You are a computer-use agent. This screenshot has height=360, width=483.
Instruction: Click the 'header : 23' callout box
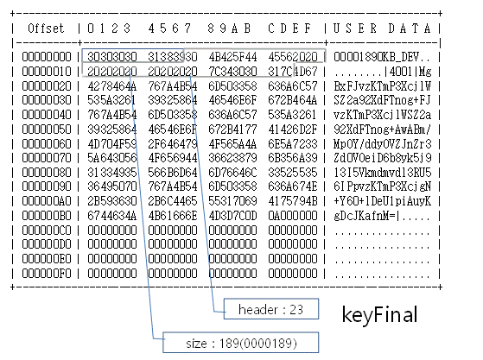click(271, 308)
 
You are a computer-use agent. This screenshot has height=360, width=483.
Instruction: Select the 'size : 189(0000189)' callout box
click(240, 343)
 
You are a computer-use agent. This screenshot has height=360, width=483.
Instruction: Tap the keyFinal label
click(379, 314)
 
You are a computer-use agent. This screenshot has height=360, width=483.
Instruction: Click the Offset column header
click(46, 28)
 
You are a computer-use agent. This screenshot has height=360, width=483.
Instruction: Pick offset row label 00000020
click(47, 85)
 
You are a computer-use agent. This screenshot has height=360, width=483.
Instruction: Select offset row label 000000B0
click(47, 215)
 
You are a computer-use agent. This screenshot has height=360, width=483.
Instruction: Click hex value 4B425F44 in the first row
click(232, 57)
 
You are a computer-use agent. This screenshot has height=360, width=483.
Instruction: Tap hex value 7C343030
click(232, 71)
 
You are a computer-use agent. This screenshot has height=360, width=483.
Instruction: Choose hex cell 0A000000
click(293, 215)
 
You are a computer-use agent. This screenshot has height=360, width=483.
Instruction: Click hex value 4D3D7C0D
click(232, 215)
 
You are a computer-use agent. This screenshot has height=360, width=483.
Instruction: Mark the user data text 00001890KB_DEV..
click(377, 57)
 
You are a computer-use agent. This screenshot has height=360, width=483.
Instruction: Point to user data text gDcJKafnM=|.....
click(366, 215)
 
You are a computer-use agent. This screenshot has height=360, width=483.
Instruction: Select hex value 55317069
click(232, 201)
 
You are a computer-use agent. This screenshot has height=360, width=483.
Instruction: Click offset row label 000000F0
click(47, 273)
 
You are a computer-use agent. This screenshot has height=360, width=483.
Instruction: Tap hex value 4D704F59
click(112, 143)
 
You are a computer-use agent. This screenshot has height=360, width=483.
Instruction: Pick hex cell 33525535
click(293, 173)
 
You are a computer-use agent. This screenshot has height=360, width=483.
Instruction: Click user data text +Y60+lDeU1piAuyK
click(382, 201)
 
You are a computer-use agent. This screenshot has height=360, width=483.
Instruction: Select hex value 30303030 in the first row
click(112, 57)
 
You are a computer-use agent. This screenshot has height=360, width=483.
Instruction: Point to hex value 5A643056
click(112, 158)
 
